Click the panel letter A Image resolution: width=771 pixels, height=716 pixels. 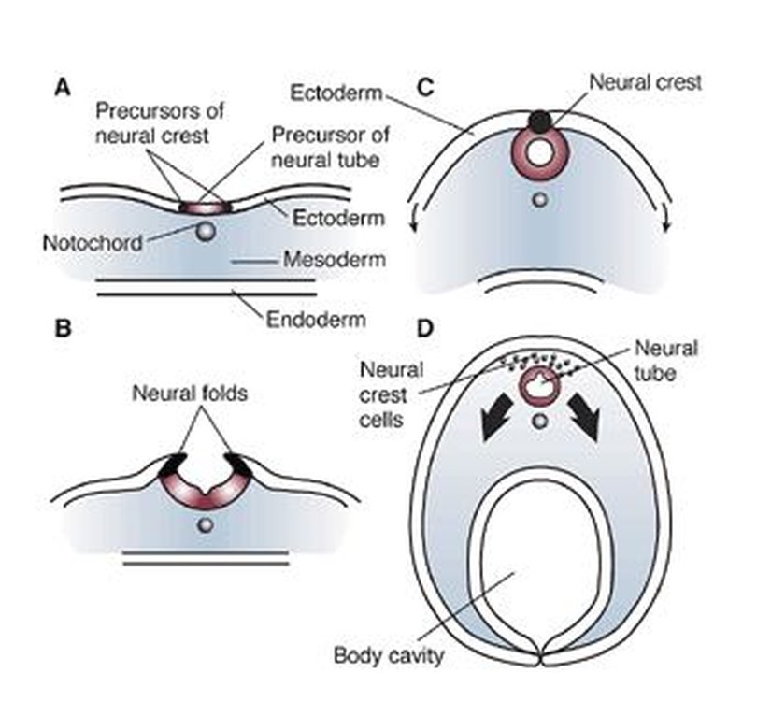click(63, 88)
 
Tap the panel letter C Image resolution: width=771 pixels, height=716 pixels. click(424, 88)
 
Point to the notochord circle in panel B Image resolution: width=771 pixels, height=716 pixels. click(206, 527)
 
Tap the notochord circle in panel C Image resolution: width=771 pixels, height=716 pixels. click(539, 199)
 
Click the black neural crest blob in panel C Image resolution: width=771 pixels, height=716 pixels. click(540, 121)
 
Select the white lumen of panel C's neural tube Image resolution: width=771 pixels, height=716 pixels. click(539, 152)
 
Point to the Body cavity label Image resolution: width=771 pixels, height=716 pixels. click(388, 653)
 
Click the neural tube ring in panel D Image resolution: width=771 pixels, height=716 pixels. click(539, 383)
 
